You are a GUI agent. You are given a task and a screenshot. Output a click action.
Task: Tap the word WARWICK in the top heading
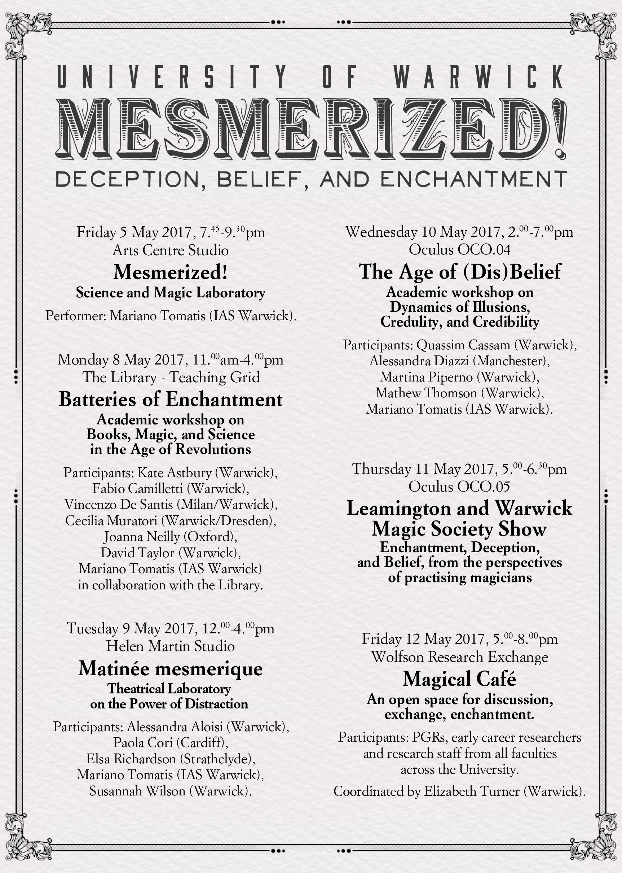pos(478,76)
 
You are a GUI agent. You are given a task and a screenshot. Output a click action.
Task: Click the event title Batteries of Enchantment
pos(171,399)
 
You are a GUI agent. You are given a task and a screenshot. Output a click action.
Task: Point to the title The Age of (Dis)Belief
pos(460,272)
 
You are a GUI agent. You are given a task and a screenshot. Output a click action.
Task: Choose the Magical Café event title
pos(459,679)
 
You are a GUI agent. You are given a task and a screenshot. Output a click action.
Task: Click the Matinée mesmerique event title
pos(171,669)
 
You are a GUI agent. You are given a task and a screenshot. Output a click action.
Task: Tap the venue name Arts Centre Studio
pos(171,250)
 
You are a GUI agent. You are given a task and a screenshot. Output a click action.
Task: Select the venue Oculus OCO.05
pos(459,487)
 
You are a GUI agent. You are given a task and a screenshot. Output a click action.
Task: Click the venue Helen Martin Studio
pos(171,646)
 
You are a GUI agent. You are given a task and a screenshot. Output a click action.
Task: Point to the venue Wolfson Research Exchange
pos(460,657)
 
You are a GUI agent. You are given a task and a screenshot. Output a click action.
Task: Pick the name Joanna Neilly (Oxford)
pos(171,537)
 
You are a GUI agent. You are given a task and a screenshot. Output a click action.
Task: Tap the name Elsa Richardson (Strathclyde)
pos(171,759)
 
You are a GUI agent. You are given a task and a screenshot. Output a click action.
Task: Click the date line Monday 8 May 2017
pos(171,360)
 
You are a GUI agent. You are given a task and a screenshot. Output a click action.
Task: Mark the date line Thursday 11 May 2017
pos(459,469)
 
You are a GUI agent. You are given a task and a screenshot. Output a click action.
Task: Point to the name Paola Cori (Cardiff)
pos(171,743)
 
